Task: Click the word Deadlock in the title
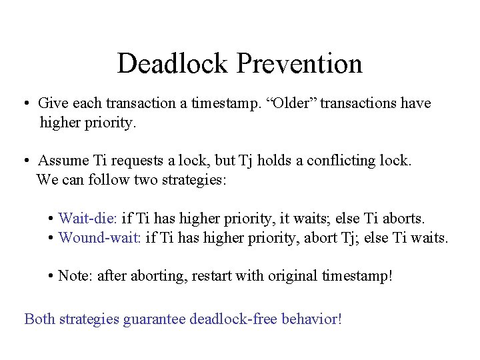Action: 172,64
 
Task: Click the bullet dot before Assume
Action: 24,161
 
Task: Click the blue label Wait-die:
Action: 88,219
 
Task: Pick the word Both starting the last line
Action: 39,319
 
